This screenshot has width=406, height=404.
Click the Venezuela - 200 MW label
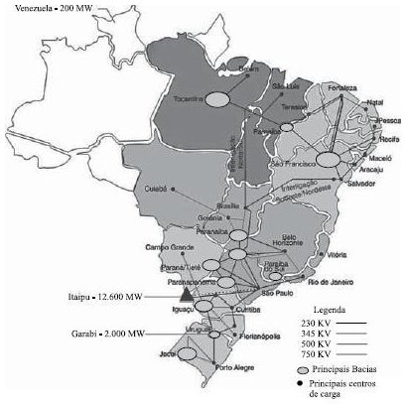point(49,7)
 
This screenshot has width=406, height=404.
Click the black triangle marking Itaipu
point(186,292)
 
